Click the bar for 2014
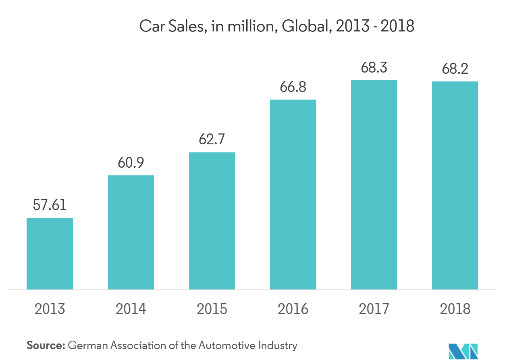131,232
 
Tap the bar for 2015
212,221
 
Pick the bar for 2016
293,194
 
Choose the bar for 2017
374,185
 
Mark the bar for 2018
455,185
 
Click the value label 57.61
50,205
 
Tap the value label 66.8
293,86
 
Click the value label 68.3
374,67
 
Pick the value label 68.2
455,69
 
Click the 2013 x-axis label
50,309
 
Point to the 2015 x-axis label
212,309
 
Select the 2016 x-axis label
293,309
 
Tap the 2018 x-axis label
455,309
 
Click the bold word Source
46,345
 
